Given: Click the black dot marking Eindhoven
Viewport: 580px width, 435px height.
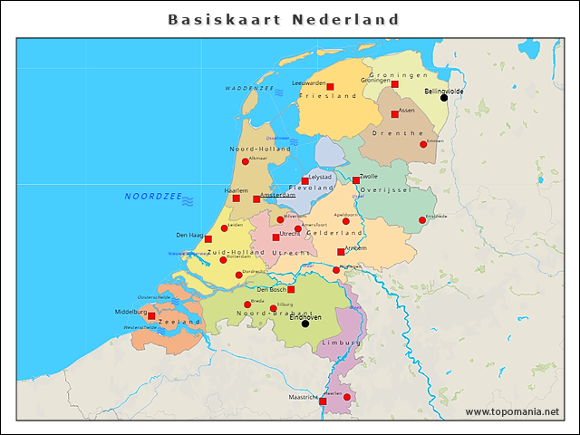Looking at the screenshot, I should (x=305, y=324).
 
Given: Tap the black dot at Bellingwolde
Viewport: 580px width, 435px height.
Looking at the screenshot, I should (x=444, y=97).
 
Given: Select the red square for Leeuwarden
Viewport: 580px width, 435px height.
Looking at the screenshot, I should (x=330, y=87).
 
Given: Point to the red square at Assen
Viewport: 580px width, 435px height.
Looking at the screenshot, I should (x=395, y=114).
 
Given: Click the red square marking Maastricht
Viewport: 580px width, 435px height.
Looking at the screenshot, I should (x=323, y=401).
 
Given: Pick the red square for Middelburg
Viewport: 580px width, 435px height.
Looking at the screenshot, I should (x=151, y=316).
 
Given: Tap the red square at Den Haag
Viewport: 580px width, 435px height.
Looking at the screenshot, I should (x=208, y=239).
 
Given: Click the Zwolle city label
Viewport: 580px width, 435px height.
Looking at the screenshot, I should (x=369, y=177).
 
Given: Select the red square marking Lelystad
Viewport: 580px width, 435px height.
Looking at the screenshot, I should (x=305, y=181).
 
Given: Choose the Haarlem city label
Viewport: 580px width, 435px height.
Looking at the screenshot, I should (x=236, y=190).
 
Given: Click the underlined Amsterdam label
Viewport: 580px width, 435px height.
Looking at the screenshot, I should (x=278, y=195).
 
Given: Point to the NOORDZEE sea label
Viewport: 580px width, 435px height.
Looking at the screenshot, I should (x=153, y=197).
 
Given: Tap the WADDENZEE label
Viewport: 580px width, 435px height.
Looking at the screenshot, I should (x=249, y=89).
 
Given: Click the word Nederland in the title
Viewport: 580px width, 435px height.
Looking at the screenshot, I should (x=345, y=19).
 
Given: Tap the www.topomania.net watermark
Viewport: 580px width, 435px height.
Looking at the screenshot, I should (x=512, y=412).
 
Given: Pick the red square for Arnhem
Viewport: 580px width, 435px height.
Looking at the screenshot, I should (x=341, y=252).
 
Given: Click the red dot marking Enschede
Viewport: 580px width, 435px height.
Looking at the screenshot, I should (x=422, y=220).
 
